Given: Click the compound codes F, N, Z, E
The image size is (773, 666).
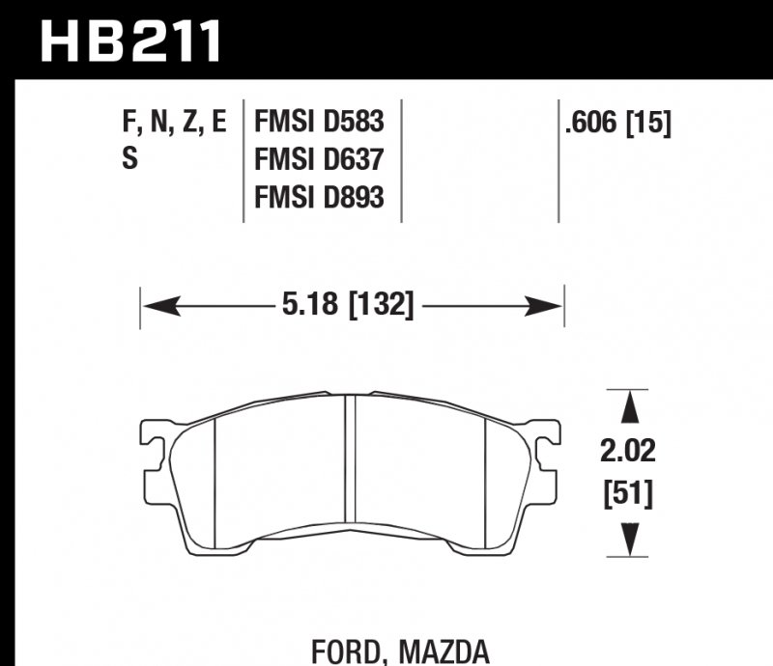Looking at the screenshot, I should (175, 122).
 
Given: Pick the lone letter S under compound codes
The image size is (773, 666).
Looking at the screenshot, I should (129, 159).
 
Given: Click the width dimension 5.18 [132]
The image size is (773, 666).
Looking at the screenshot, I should (348, 307).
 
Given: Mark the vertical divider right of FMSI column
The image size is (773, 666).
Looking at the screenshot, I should (401, 159).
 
